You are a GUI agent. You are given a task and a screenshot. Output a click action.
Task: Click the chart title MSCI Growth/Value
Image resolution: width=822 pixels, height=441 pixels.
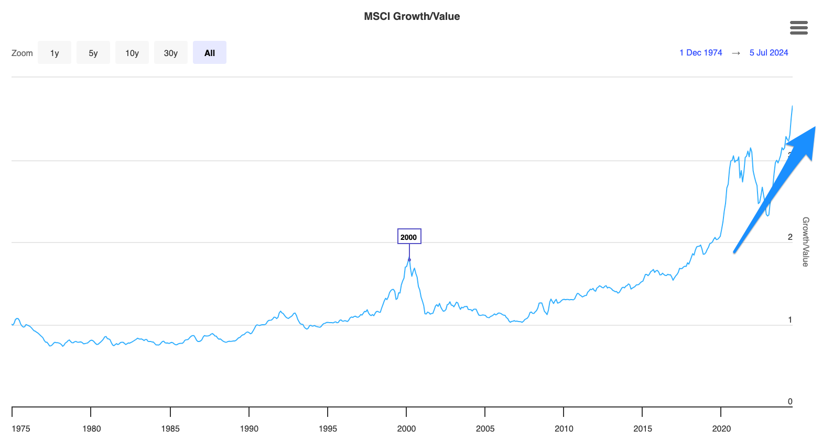click(412, 16)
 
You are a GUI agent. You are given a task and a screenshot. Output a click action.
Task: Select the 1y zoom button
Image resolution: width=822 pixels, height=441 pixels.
click(55, 53)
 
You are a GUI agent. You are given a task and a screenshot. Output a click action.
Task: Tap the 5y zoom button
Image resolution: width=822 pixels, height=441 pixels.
click(93, 53)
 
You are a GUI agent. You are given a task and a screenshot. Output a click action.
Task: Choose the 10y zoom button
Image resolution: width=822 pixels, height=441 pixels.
click(132, 53)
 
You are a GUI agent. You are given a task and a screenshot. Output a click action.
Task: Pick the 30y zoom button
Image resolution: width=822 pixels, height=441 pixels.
click(171, 53)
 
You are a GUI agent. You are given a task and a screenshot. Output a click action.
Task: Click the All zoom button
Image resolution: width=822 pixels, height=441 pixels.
click(210, 53)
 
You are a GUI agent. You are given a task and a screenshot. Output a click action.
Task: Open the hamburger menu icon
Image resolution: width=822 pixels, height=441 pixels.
click(798, 28)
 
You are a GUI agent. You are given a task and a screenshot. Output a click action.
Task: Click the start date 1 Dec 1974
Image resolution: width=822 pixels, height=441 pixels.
click(700, 52)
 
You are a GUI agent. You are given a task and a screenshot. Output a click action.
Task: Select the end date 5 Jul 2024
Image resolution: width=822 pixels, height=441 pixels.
click(769, 52)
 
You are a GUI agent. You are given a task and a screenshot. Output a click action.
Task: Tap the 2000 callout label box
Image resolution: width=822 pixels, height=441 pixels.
click(409, 237)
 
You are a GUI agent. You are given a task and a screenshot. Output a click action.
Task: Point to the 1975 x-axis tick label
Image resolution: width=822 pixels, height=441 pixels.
click(21, 428)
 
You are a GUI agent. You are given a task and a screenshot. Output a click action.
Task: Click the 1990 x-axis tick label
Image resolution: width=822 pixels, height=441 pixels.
click(249, 428)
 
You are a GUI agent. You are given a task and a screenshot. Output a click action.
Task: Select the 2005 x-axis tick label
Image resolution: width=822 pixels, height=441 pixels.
click(485, 428)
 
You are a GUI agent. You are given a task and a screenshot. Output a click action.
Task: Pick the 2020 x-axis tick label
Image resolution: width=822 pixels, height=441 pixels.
click(721, 428)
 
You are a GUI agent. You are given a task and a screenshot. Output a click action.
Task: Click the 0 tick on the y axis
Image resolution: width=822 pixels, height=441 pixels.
click(790, 402)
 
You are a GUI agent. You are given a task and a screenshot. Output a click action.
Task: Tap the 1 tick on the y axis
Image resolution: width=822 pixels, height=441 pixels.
click(790, 320)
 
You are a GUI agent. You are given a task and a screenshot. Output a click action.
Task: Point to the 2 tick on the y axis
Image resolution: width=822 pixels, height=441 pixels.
click(790, 237)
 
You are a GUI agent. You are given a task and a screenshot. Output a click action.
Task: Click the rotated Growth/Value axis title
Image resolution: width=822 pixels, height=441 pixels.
click(806, 241)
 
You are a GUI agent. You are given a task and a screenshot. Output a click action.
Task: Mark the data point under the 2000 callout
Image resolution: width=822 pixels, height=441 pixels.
click(409, 260)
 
